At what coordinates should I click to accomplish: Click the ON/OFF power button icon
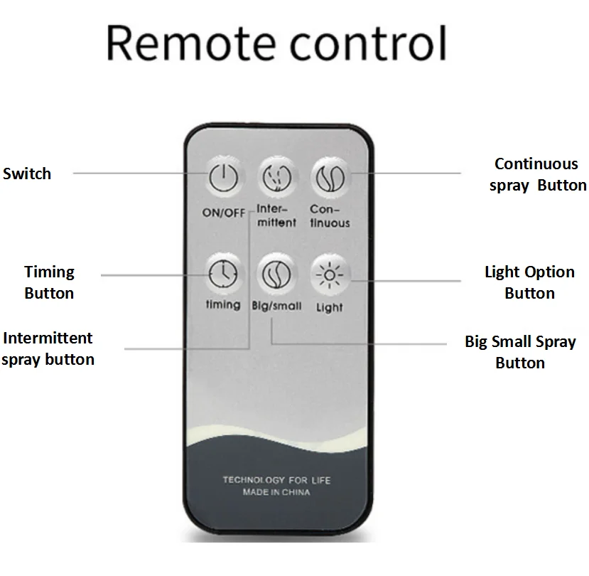tap(223, 176)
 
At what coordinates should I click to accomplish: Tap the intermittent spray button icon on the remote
tap(276, 176)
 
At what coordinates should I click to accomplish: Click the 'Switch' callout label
tap(27, 174)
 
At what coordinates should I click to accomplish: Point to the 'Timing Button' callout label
tap(49, 282)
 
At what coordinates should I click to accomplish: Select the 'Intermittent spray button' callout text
tap(48, 348)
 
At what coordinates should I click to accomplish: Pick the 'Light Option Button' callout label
tap(529, 282)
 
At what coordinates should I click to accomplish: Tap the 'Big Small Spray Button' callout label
tap(520, 352)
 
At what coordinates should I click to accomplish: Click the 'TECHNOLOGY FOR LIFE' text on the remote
tap(276, 480)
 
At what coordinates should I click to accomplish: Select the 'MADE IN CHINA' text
tap(276, 492)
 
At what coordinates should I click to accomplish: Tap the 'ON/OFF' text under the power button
tap(223, 212)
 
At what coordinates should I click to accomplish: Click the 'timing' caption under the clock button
tap(223, 304)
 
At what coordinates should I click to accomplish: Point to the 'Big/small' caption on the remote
tap(276, 306)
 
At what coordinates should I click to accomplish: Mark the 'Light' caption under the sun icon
tap(329, 307)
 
